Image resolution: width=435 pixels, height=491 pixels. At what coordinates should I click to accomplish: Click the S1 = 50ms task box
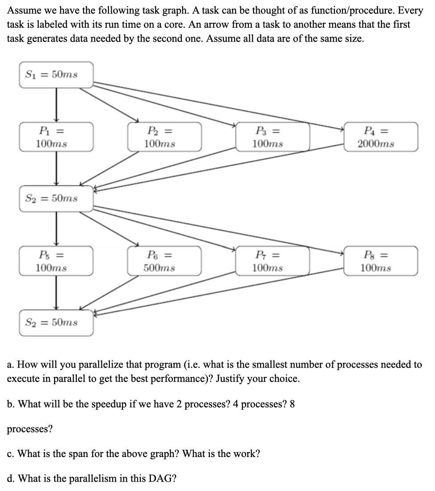coord(56,75)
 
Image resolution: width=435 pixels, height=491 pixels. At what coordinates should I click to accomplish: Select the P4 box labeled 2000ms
coord(381,137)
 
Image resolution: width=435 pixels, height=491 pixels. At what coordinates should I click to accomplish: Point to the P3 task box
coord(272,137)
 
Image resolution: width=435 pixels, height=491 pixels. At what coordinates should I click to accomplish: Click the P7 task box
coord(272,261)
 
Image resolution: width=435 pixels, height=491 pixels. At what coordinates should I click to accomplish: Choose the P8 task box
coord(381,261)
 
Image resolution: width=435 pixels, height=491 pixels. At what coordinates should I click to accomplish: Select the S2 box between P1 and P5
coord(56,198)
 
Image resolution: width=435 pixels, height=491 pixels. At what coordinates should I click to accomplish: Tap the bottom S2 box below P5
coord(56,322)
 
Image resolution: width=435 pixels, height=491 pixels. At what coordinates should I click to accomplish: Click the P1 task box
coord(56,137)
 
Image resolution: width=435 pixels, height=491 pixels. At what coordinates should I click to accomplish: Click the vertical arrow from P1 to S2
coord(56,168)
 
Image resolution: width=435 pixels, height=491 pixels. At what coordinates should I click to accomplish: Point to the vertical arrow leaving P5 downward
coord(56,292)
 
